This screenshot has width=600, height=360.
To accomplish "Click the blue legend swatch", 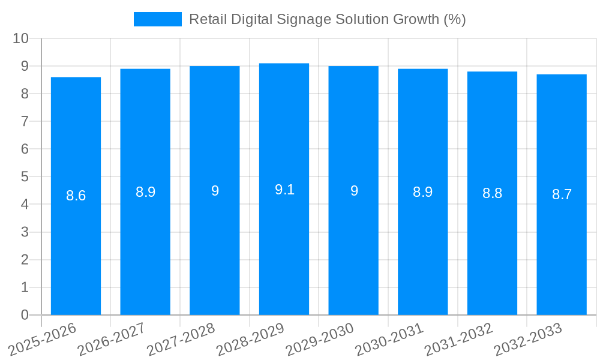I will point(157,19).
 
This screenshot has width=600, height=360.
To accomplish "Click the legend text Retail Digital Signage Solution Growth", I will point(327,19).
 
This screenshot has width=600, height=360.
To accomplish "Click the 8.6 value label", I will point(76,196).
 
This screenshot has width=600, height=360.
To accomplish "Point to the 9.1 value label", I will point(284,190).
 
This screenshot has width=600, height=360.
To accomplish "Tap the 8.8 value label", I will point(492,193).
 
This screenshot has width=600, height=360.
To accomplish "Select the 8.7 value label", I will point(562,194).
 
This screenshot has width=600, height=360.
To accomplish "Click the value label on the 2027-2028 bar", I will point(215,191).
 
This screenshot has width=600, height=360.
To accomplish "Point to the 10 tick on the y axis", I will point(20,38).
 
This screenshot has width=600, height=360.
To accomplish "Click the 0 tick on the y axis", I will point(25,315).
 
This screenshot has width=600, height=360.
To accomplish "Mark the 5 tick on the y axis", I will point(25,177).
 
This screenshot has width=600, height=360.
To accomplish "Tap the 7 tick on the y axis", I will point(25,121).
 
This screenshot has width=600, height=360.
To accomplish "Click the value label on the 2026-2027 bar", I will point(145,192).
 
